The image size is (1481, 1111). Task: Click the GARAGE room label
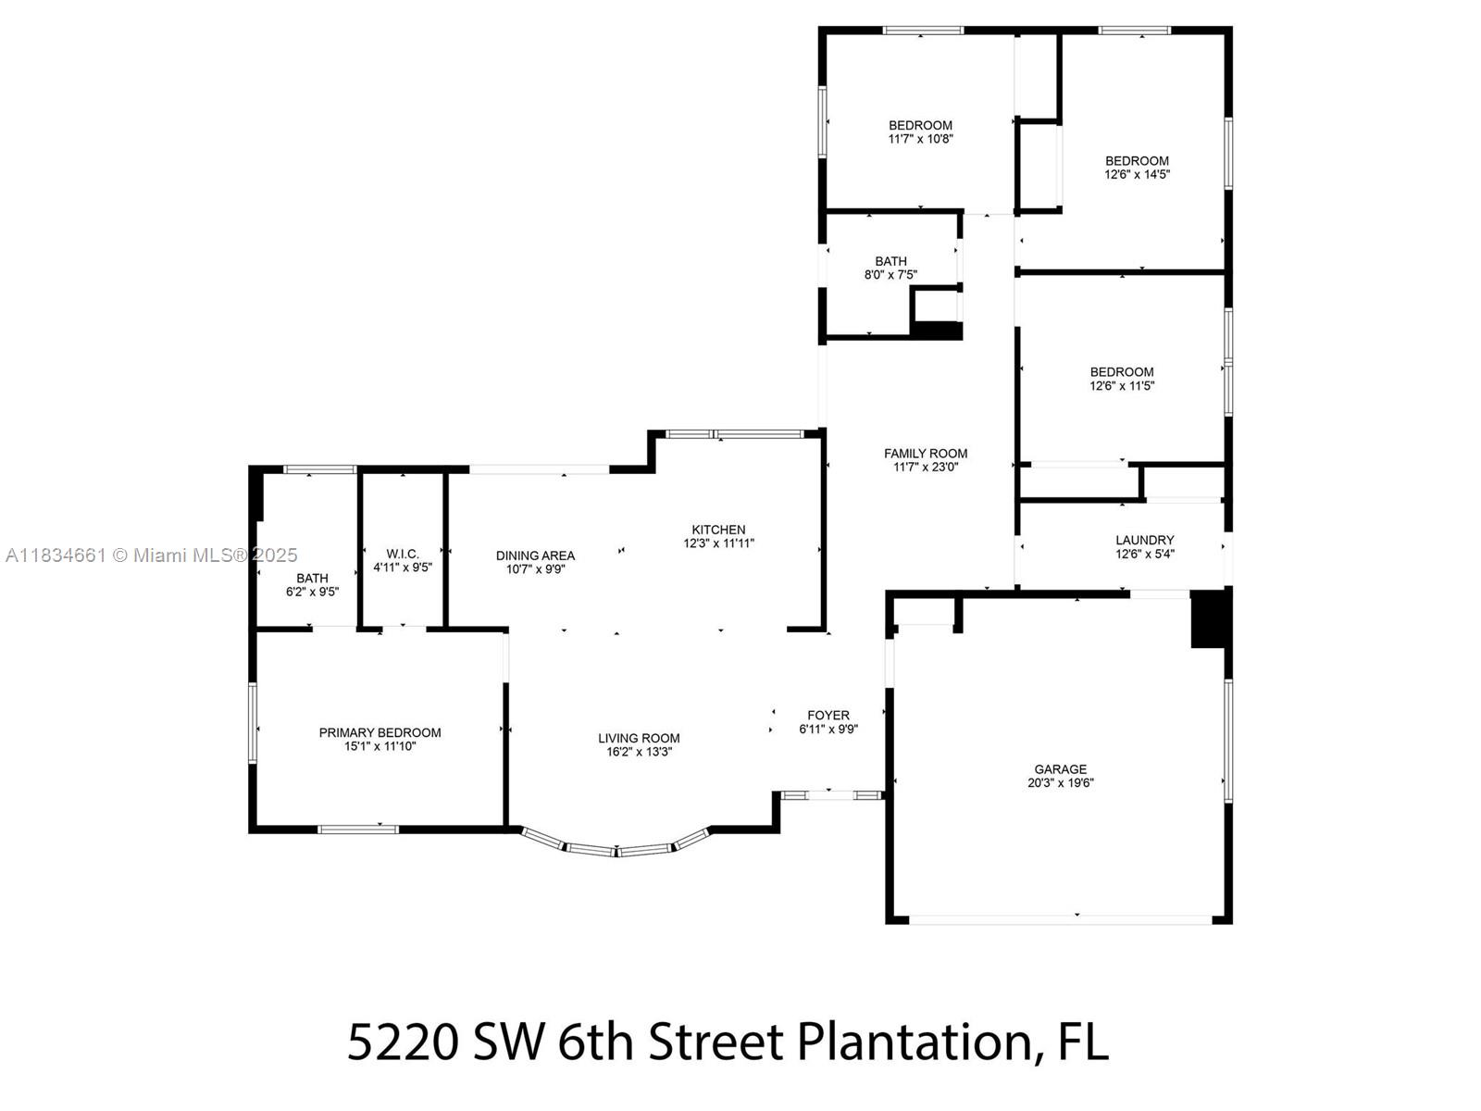[x=1060, y=768]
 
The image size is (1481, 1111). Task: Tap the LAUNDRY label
[x=1144, y=540]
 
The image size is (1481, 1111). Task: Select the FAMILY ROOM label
[x=925, y=453]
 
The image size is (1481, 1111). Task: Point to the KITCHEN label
[x=718, y=530]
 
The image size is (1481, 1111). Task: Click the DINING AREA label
[x=535, y=555]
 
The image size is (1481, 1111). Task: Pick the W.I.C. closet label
[x=403, y=553]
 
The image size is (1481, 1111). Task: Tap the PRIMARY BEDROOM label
[x=380, y=732]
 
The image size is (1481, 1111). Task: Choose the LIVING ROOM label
[x=639, y=738]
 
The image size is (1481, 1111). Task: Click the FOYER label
[x=828, y=715]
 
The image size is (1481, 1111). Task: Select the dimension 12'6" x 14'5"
[x=1137, y=174]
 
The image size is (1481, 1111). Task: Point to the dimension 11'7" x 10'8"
[x=920, y=139]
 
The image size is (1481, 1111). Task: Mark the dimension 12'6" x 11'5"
[x=1122, y=386]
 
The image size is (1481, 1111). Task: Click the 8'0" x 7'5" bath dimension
[x=890, y=275]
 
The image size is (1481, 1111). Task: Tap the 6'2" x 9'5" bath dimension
[x=312, y=592]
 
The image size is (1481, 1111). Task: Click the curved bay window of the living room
[x=616, y=847]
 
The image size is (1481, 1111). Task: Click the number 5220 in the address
[x=403, y=1042]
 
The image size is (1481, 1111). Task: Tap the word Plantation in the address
[x=912, y=1042]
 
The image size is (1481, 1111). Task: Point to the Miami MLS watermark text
[x=152, y=555]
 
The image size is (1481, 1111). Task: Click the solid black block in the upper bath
[x=938, y=331]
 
